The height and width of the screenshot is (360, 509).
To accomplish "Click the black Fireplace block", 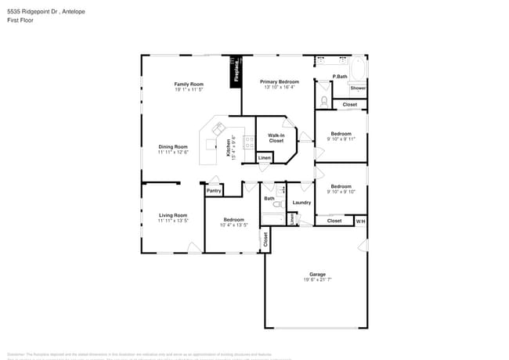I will pyautogui.click(x=236, y=72).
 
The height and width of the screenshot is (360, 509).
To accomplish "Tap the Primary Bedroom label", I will pyautogui.click(x=280, y=81).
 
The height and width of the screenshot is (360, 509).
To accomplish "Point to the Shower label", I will pyautogui.click(x=358, y=88).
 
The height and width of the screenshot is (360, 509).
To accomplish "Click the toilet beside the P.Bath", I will pyautogui.click(x=324, y=100).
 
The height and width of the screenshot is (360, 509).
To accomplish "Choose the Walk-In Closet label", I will pyautogui.click(x=276, y=138).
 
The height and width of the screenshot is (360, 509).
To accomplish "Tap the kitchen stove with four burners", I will pyautogui.click(x=248, y=143).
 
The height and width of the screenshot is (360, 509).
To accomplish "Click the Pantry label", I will pyautogui.click(x=213, y=190).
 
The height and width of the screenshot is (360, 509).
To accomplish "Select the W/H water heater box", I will pyautogui.click(x=360, y=221).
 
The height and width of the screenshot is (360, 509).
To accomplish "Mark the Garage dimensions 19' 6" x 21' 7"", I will pyautogui.click(x=317, y=279).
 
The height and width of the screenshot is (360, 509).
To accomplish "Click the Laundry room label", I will pyautogui.click(x=301, y=203).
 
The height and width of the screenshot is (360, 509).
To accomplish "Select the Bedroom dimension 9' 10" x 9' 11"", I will pyautogui.click(x=341, y=139).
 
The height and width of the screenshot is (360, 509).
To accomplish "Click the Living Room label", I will pyautogui.click(x=173, y=215).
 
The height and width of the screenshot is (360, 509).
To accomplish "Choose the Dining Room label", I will pyautogui.click(x=173, y=146).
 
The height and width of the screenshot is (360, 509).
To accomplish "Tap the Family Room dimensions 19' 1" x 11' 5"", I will pyautogui.click(x=189, y=89).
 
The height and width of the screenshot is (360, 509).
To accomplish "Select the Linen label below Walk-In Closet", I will pyautogui.click(x=265, y=158).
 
